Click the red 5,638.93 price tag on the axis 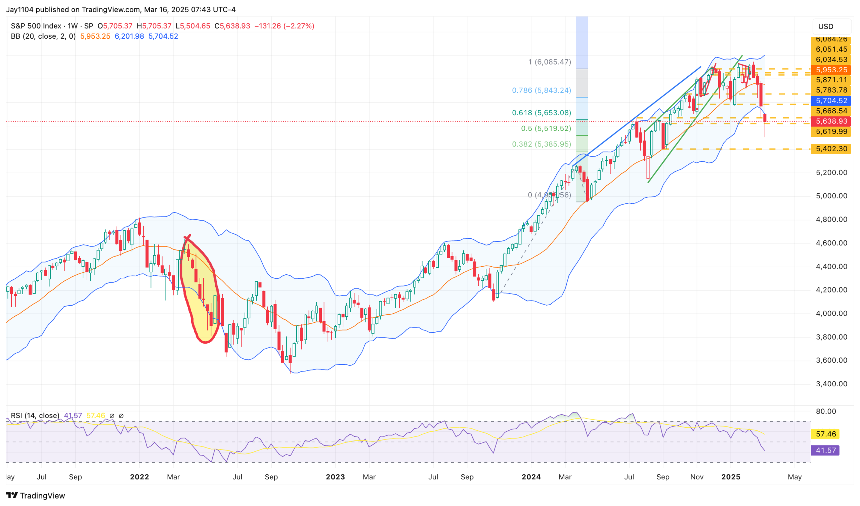(x=831, y=121)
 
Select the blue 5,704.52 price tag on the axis (x=831, y=101)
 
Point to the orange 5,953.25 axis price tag (x=831, y=70)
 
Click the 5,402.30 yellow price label (x=831, y=149)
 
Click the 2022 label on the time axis (x=139, y=477)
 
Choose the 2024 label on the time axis (x=531, y=477)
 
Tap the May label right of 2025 (x=794, y=477)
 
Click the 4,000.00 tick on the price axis (x=831, y=313)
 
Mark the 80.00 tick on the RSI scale (x=826, y=412)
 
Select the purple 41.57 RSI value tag (x=825, y=450)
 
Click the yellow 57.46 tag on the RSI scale (x=825, y=434)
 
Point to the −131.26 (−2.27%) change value (x=284, y=26)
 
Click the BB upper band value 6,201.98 (x=129, y=36)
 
